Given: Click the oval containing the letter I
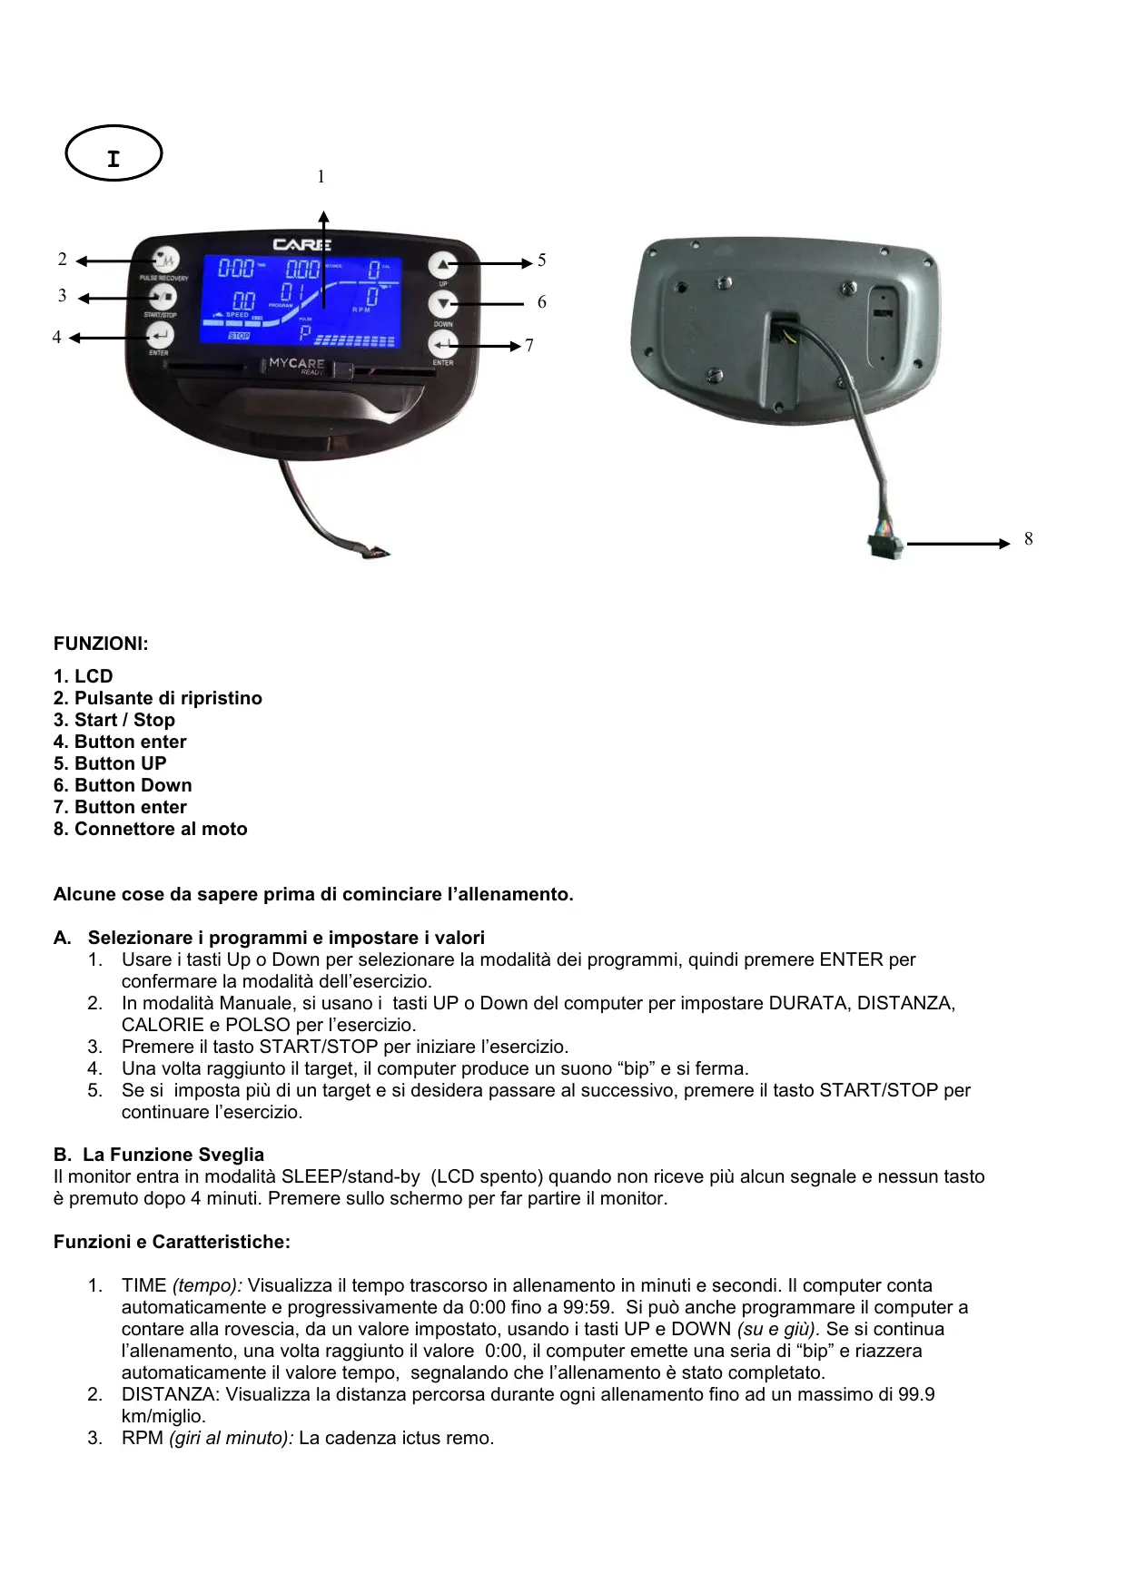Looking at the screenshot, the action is click(114, 153).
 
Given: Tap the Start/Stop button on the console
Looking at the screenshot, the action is click(163, 297).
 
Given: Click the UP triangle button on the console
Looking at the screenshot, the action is click(443, 265).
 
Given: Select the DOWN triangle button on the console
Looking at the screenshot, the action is click(443, 305).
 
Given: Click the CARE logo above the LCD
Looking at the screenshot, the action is click(302, 244).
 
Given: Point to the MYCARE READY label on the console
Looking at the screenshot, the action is click(297, 365).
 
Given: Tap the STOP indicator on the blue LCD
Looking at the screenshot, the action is click(238, 336).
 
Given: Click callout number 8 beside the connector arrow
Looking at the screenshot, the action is click(1028, 539).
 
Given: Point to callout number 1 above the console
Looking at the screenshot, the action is click(321, 177).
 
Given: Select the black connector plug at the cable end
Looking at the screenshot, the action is click(885, 546).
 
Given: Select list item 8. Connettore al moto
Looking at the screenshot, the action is click(150, 829).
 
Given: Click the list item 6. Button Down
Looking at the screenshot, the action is click(123, 785).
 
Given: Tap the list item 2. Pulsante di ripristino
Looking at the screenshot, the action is click(157, 698).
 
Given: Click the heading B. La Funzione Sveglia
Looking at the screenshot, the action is click(159, 1155).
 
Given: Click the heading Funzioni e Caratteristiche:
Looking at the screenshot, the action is click(172, 1242).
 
